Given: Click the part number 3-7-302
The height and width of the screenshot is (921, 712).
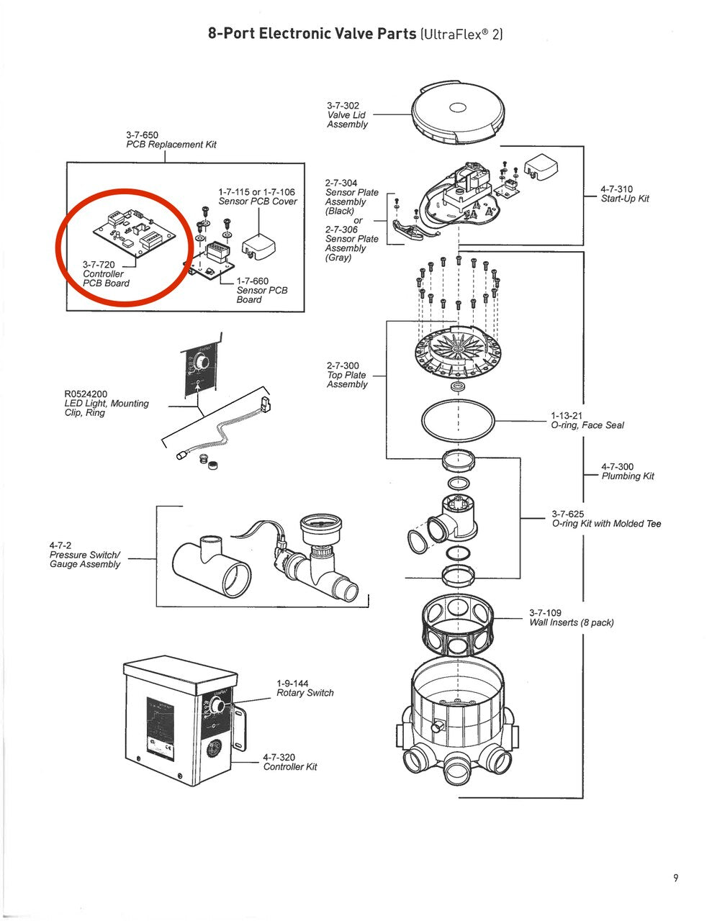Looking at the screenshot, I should (343, 106).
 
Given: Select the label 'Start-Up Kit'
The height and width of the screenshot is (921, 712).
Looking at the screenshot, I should (625, 199).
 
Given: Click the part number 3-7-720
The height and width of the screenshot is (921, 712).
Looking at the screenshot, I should (99, 265).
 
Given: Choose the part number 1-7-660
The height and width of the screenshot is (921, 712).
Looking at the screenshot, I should (253, 281).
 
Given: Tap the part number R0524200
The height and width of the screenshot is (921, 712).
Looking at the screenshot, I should (86, 394).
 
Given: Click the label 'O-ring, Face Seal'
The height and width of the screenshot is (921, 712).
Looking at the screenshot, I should (587, 425).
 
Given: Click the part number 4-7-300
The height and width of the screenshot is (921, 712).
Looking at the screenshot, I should (617, 467).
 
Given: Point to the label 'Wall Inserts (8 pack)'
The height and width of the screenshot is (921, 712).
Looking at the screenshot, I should (572, 622).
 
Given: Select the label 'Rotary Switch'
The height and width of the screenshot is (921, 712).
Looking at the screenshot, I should (305, 693).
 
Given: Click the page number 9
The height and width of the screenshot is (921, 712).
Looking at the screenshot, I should (675, 877).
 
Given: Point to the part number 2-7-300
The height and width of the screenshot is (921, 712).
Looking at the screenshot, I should (343, 366).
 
